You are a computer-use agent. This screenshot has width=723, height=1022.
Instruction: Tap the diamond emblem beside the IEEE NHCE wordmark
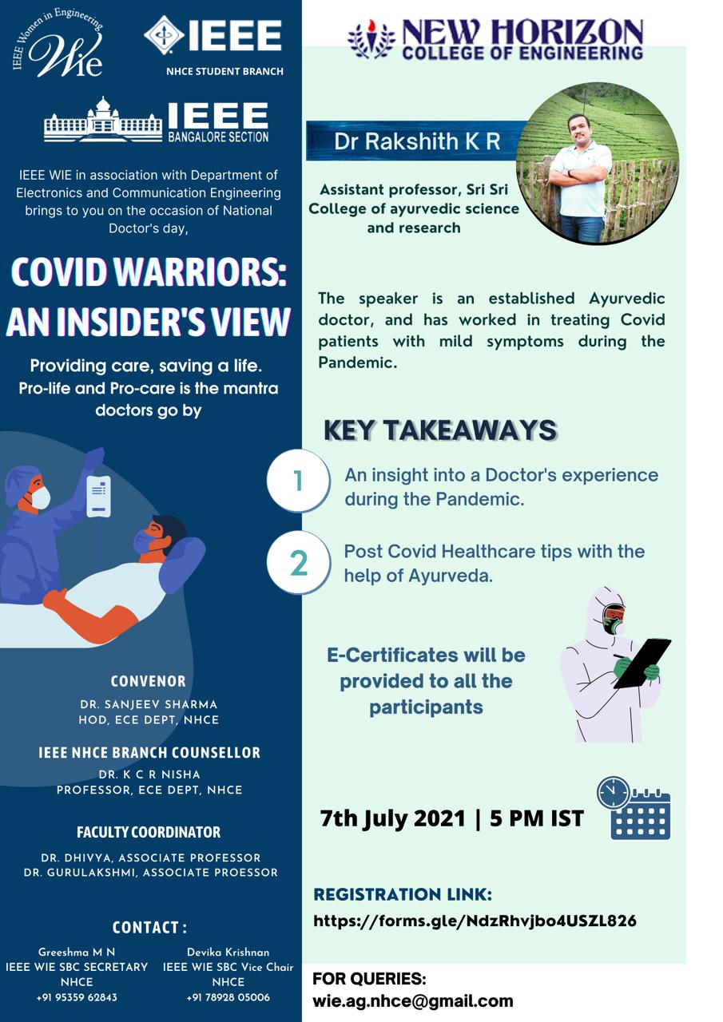[x=164, y=35]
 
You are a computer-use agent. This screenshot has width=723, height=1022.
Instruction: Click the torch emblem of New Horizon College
[x=371, y=40]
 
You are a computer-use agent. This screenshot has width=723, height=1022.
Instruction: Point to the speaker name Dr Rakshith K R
[x=417, y=141]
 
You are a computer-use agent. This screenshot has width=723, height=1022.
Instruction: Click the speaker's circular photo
[x=598, y=163]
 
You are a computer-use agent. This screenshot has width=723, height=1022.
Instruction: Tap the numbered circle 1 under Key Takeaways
[x=299, y=481]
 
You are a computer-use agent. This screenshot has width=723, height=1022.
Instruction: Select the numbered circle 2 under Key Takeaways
[x=299, y=563]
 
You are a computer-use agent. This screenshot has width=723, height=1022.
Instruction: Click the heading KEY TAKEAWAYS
[x=440, y=430]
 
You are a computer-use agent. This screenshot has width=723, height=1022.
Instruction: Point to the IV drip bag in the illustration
[x=98, y=496]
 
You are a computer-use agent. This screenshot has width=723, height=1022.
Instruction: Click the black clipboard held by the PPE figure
[x=642, y=664]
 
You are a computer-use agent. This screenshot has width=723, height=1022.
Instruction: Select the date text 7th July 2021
[x=392, y=818]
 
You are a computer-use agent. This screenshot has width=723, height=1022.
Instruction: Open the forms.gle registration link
[x=475, y=921]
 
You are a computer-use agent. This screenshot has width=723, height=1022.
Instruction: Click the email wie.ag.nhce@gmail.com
[x=412, y=1000]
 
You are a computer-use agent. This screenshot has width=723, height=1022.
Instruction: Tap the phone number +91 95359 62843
[x=77, y=997]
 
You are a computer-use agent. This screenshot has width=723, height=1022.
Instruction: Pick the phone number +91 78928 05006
[x=228, y=997]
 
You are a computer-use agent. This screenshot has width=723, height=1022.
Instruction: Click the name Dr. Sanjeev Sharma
[x=149, y=704]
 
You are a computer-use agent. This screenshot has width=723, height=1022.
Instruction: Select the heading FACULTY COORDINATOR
[x=149, y=832]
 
